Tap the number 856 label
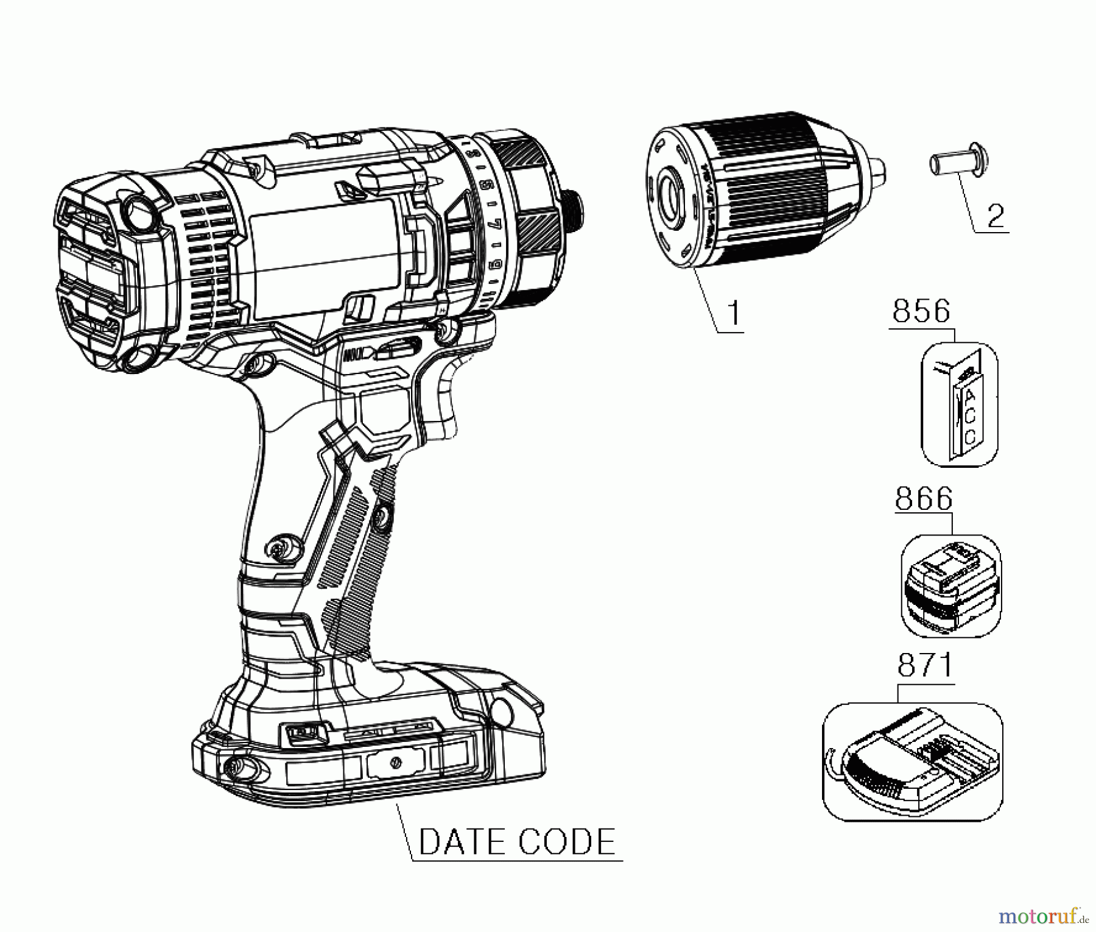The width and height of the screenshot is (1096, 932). coord(921,311)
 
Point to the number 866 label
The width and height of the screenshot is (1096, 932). coord(923,499)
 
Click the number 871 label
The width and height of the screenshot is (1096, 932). coord(925,666)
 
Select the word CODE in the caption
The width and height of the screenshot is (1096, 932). coord(567,842)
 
